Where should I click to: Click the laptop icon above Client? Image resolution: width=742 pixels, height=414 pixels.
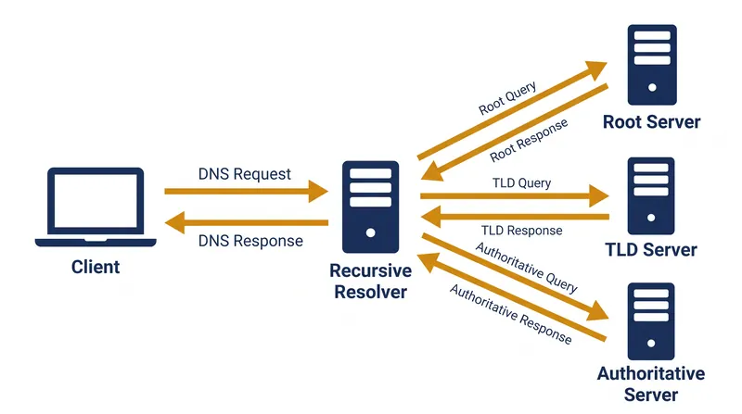(96, 207)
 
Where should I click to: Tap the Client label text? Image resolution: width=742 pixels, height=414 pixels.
(96, 267)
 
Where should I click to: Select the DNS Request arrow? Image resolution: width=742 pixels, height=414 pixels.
(246, 192)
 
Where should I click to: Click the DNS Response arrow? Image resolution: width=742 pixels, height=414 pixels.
(246, 222)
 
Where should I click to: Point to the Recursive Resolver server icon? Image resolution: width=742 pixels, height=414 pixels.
(370, 207)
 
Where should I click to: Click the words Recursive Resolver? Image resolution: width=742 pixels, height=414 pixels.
(370, 282)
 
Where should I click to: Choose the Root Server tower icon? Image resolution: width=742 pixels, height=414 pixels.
(652, 65)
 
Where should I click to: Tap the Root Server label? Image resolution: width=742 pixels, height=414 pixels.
(652, 122)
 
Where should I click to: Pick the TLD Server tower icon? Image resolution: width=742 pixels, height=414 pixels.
(651, 196)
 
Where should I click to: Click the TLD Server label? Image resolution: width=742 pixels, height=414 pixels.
(651, 249)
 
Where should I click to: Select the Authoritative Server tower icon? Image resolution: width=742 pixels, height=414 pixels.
(651, 321)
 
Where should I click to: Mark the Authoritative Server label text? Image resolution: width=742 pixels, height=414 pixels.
(651, 383)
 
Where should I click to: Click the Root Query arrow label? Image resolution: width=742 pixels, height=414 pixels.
(507, 98)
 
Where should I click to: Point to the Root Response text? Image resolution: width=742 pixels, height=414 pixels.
(529, 141)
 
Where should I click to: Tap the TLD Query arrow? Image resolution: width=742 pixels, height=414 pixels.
(515, 195)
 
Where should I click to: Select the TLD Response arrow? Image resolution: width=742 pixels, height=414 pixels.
(515, 217)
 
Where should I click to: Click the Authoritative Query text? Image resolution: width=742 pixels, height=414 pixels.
(527, 268)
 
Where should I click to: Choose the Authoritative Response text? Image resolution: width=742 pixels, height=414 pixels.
(511, 314)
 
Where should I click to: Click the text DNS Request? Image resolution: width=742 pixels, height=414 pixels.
(244, 174)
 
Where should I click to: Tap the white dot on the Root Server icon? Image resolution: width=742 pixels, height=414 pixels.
(652, 87)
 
